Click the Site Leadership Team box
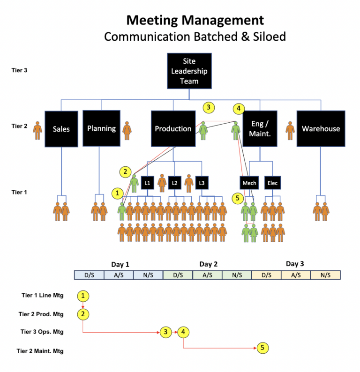click(x=189, y=71)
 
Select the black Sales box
click(x=61, y=129)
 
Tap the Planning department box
click(x=101, y=128)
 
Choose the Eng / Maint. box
click(x=260, y=128)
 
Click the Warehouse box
click(x=321, y=129)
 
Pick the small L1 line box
click(x=147, y=183)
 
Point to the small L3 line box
click(x=202, y=183)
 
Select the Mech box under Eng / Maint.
click(x=249, y=183)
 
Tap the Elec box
click(x=272, y=183)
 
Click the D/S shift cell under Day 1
click(x=89, y=275)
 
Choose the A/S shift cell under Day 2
click(x=207, y=275)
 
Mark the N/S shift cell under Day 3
click(x=325, y=275)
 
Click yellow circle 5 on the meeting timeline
click(x=262, y=348)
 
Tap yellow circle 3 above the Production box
click(x=209, y=107)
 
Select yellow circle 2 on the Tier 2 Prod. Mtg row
click(x=83, y=313)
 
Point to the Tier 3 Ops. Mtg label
click(x=42, y=332)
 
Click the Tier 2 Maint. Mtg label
click(x=40, y=350)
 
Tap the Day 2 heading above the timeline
click(x=208, y=264)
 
